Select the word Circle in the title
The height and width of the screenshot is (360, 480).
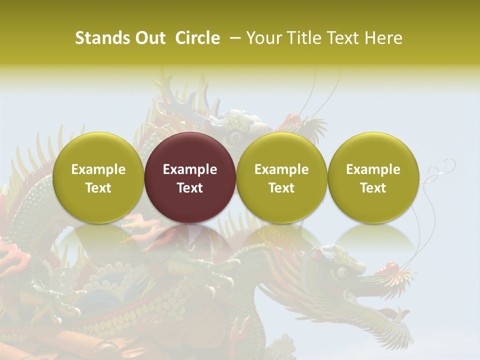(197, 38)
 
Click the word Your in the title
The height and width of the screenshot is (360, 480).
(263, 38)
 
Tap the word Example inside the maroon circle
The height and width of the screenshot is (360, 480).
(190, 169)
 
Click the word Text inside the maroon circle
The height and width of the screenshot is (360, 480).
(190, 188)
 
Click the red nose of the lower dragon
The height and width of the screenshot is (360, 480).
(389, 268)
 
